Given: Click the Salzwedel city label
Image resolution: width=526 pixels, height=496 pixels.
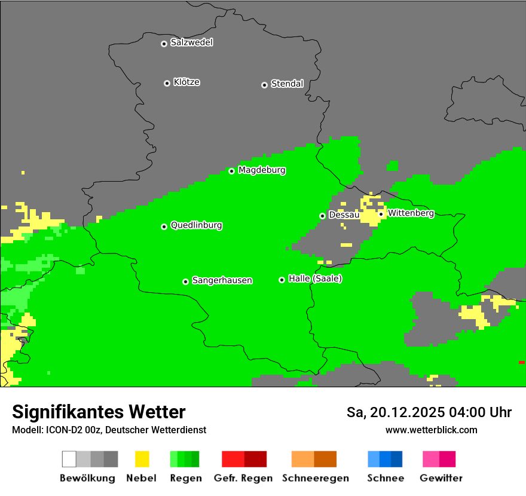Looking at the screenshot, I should (x=191, y=42).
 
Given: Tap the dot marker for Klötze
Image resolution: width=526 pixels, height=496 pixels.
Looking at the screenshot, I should (x=167, y=83).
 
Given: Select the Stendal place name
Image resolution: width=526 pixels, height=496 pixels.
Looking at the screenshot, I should (x=287, y=84).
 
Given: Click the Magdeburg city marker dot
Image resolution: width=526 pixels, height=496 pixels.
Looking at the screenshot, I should (x=232, y=171).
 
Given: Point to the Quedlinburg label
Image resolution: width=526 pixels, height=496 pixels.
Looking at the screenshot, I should (x=196, y=225).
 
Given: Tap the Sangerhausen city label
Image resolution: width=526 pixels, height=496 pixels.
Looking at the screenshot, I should (x=222, y=280).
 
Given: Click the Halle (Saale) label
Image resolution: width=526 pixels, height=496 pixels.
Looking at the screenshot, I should (x=315, y=278).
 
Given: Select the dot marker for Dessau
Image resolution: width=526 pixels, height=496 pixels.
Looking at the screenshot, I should (x=322, y=216).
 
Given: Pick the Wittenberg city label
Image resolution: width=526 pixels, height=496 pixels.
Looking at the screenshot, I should (x=411, y=213).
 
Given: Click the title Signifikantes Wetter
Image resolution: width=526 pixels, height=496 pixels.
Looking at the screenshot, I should (x=99, y=412).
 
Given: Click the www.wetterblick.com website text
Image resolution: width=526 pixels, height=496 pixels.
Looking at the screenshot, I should (x=431, y=430).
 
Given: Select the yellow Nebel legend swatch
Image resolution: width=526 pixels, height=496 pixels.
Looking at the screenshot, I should (x=142, y=459).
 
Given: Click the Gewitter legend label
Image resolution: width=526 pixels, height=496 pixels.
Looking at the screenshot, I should (x=441, y=478).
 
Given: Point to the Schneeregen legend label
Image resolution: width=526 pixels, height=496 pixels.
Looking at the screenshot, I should (x=315, y=478).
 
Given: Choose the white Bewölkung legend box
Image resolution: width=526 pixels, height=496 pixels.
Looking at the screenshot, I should (x=69, y=459).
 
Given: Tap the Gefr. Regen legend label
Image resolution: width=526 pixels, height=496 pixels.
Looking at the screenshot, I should (x=243, y=478).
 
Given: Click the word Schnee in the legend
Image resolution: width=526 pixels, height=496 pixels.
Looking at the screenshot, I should (x=385, y=478).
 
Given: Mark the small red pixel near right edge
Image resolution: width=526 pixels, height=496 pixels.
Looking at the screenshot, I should (x=521, y=362).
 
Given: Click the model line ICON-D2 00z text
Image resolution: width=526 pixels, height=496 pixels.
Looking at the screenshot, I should (x=109, y=430).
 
